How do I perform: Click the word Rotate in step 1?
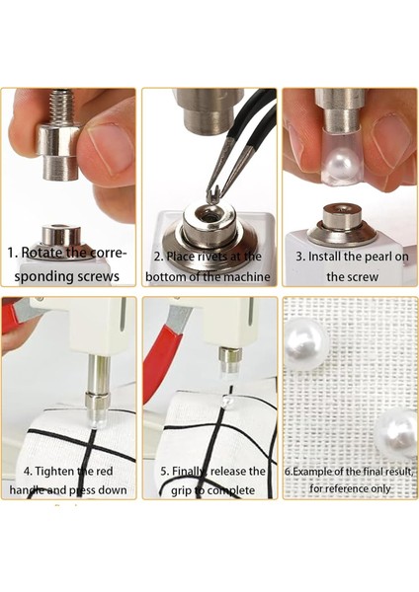click(41, 253)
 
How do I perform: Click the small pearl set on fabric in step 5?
click(228, 402)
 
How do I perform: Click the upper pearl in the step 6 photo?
click(306, 342)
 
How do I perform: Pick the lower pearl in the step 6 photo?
click(396, 433)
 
